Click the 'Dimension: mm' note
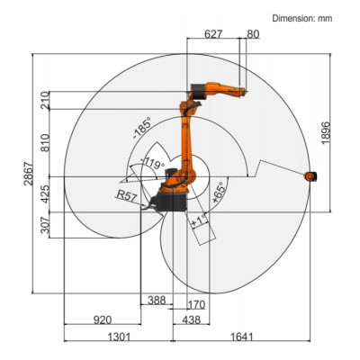(306, 18)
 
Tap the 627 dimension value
(213, 34)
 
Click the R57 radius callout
(126, 194)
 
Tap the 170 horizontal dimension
(196, 305)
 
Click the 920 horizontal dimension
(102, 319)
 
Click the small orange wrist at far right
(310, 176)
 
